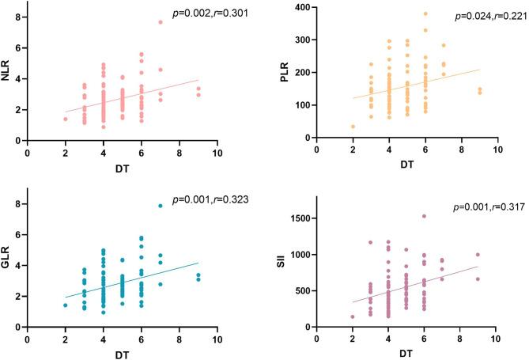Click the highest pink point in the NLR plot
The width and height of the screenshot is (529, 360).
(161, 22)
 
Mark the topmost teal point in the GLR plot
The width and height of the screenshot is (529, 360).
(161, 206)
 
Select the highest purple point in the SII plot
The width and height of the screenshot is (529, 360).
(446, 216)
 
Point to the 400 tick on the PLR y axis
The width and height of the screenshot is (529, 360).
(304, 7)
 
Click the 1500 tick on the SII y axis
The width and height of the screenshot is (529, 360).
(301, 218)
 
